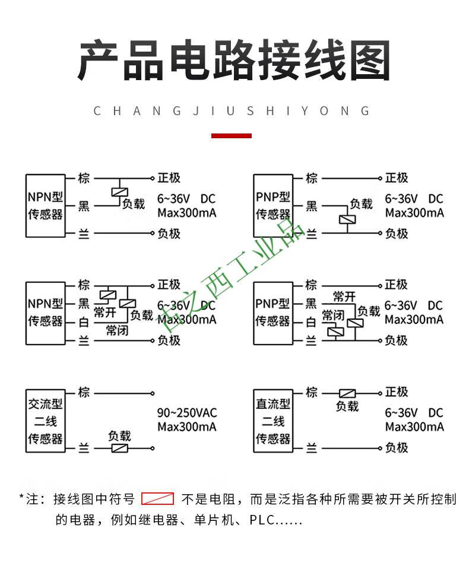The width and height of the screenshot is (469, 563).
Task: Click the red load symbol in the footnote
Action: point(157,499)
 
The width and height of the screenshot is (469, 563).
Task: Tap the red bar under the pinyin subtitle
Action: point(232,136)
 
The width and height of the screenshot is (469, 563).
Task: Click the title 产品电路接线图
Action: point(234,61)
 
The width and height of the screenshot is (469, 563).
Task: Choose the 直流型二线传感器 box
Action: point(273,422)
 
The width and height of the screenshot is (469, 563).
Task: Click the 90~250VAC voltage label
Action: point(187,413)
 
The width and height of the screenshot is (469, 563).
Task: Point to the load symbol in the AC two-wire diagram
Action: point(120,449)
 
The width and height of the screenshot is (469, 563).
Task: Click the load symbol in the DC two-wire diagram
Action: point(347,393)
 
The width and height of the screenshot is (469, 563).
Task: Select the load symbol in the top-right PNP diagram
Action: point(347,219)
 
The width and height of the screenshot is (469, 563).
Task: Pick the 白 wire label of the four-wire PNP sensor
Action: point(311,322)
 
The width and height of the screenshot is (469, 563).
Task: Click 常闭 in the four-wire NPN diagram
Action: point(117,330)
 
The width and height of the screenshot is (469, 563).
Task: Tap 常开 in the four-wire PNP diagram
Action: point(344,297)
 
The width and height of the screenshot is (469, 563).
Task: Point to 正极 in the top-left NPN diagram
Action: point(169,178)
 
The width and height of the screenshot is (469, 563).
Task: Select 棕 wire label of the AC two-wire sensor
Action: point(84,392)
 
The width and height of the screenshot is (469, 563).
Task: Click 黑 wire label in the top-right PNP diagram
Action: point(311,206)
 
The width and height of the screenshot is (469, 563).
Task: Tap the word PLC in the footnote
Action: point(261,520)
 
